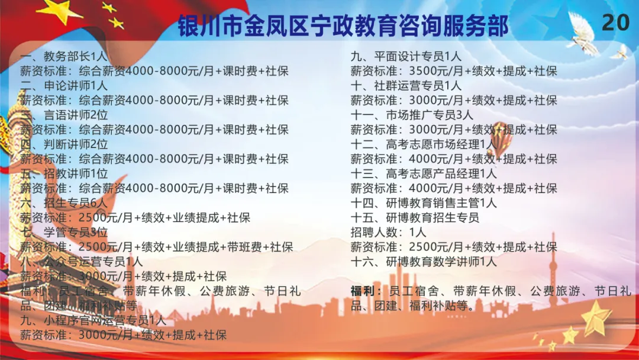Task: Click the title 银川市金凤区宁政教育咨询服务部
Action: click(343, 25)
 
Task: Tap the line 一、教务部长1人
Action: click(63, 56)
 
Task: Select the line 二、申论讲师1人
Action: click(63, 86)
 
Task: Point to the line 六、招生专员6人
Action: click(63, 203)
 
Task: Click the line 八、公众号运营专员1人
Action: click(82, 262)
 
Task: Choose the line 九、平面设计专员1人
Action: click(406, 56)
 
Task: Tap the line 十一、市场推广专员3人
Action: click(412, 115)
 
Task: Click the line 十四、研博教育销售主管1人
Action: click(424, 203)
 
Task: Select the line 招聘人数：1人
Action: click(388, 232)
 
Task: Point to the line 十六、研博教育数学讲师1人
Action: click(424, 262)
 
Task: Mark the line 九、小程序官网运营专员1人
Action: click(93, 320)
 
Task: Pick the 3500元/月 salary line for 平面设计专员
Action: click(454, 71)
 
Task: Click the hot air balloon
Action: click(501, 139)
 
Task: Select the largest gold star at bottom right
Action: click(596, 319)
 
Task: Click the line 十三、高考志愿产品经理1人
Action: click(424, 173)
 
